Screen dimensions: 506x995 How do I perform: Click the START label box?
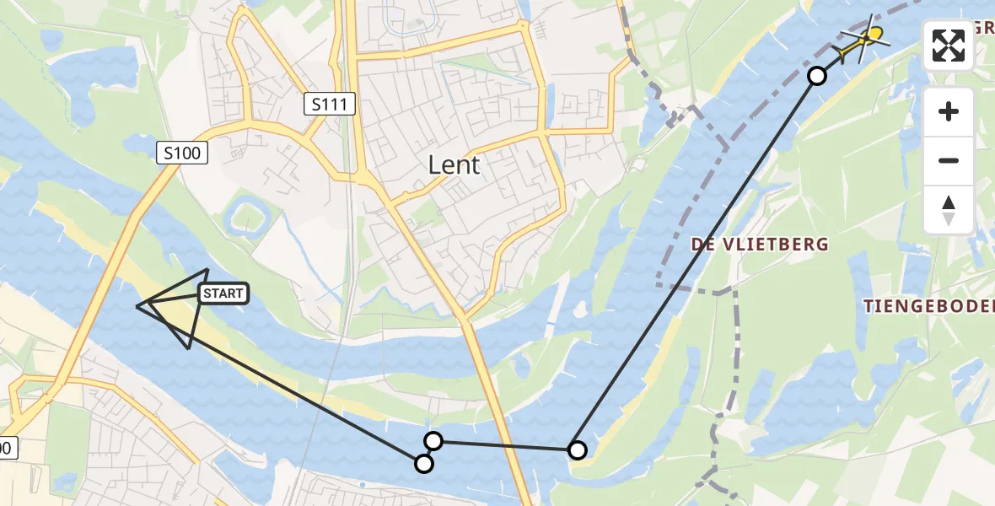point(223,293)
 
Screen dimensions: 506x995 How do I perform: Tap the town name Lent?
point(454,164)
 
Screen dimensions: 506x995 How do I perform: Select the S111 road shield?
point(330,105)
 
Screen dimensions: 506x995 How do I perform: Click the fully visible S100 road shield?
point(181,153)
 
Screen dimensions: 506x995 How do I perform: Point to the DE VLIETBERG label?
point(760,245)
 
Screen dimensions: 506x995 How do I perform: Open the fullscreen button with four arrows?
point(949,46)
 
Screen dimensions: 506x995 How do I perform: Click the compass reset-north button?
point(949,209)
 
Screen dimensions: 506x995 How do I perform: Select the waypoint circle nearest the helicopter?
point(816,76)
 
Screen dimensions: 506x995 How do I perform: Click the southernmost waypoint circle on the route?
point(424,463)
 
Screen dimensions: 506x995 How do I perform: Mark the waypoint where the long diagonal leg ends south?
point(577,450)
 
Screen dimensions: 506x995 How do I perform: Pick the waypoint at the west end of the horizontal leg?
point(433,440)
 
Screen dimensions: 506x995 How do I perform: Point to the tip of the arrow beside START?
point(137,305)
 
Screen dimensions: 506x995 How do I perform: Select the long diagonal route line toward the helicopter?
point(696,263)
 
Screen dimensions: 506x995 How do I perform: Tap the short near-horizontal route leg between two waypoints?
point(505,445)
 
